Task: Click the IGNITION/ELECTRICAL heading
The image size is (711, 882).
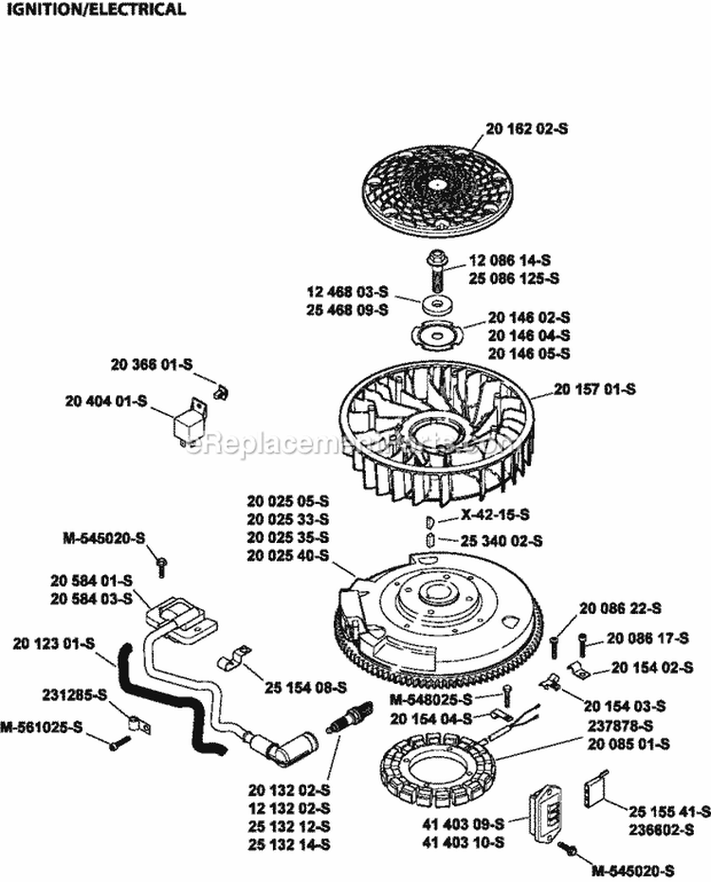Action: (x=93, y=10)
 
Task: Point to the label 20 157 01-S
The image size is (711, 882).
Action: (x=594, y=389)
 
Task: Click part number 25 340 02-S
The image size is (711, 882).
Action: (x=502, y=542)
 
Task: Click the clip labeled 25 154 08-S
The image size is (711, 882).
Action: (x=231, y=657)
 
